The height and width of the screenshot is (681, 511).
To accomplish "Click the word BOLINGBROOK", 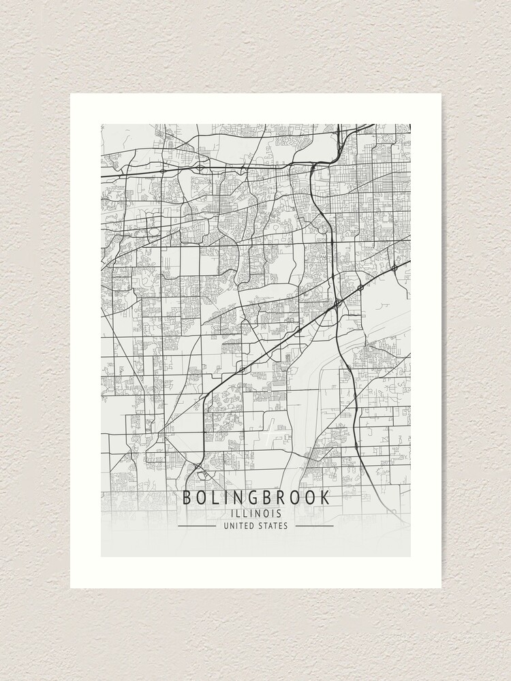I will [255, 498].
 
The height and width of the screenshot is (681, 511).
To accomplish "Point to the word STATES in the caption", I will [273, 526].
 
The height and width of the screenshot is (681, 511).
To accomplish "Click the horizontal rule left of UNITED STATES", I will [196, 526].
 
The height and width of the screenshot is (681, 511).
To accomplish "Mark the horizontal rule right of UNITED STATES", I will [315, 526].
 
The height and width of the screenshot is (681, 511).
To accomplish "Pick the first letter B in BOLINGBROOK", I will [187, 498].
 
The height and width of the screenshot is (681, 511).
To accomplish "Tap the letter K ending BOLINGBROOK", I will [325, 498].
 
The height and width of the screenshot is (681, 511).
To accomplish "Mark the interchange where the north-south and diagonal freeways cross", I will [337, 302].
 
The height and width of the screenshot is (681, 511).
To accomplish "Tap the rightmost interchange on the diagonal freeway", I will [394, 268].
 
